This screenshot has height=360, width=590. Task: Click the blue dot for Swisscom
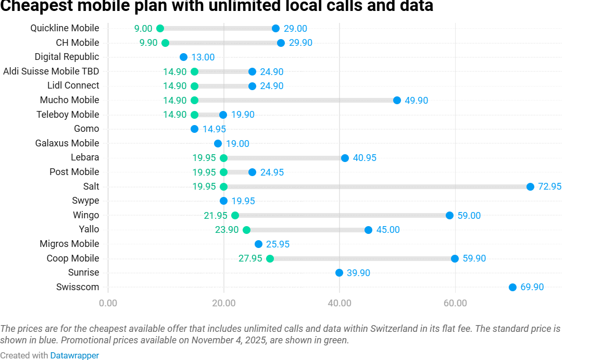coord(512,287)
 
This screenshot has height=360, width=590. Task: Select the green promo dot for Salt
coord(224,187)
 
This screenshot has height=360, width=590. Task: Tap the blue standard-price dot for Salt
coord(530,187)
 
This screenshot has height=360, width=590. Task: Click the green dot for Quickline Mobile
coord(160,29)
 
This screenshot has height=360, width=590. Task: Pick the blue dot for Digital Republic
coord(183,57)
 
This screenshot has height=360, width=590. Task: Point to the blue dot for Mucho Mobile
coord(397,100)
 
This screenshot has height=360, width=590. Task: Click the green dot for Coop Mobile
coord(270,258)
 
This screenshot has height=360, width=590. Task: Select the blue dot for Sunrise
coord(339,272)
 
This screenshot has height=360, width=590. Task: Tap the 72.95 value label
coord(550,187)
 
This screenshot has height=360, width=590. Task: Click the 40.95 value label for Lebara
coord(365,158)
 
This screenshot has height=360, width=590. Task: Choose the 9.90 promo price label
coord(148,43)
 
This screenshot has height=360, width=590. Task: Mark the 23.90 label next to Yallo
coord(227,230)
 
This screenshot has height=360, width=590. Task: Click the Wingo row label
coord(86,215)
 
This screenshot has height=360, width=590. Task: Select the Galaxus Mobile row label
coord(67,143)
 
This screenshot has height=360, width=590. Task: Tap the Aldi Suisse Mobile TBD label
coord(51,71)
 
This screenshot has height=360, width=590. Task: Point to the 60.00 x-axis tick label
coord(455,303)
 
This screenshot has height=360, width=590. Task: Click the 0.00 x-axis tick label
coord(108,303)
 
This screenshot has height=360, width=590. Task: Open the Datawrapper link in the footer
coord(74,355)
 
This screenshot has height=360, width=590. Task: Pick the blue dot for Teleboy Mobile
coord(223,115)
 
